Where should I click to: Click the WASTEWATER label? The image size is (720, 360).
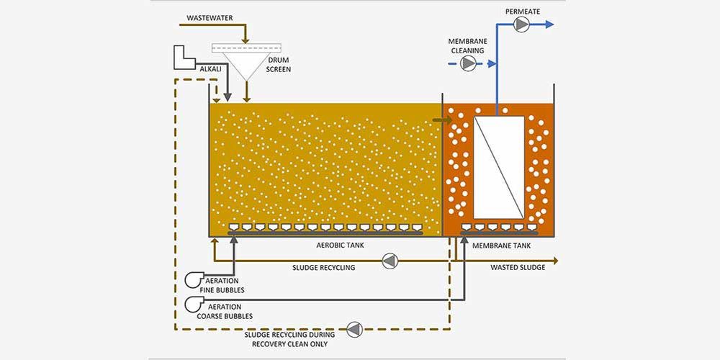[x=210, y=18]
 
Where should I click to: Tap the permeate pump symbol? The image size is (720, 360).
[x=521, y=24]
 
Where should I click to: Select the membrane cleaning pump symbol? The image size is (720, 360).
[x=468, y=63]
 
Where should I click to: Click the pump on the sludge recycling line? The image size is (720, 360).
[x=390, y=261]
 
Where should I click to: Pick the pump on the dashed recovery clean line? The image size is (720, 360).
[x=354, y=329]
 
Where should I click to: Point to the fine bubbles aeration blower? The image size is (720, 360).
[x=193, y=279]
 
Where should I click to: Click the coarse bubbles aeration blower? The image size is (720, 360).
[x=193, y=303]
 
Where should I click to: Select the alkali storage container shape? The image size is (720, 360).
[x=184, y=58]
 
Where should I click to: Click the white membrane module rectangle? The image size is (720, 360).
[x=499, y=167]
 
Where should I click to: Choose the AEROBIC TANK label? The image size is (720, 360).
[x=341, y=246]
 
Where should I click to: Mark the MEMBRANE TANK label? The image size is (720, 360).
[x=501, y=246]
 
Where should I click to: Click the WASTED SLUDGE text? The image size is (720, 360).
[x=518, y=267]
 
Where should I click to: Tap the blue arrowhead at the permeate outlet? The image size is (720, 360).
[x=549, y=24]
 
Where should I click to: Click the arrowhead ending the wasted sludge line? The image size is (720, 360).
[x=555, y=261]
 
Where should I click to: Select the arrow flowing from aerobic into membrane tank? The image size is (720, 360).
[x=442, y=120]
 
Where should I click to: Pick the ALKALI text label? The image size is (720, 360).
[x=210, y=71]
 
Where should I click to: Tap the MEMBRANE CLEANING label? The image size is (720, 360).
[x=468, y=46]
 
